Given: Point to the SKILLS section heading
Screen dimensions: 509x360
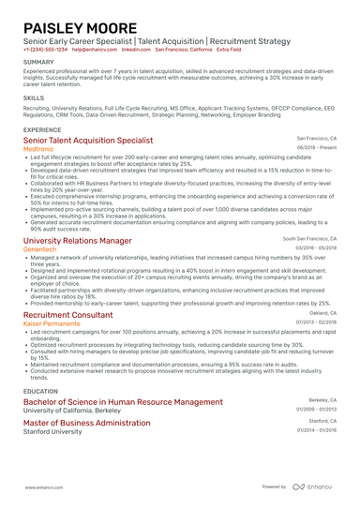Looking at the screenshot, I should click(33, 97).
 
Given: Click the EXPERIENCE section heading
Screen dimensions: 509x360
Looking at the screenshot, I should click(42, 129).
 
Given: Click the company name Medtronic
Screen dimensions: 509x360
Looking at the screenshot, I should click(38, 148).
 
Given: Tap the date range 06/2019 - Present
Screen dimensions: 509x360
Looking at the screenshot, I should click(317, 148).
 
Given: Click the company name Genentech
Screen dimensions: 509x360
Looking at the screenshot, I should click(40, 249).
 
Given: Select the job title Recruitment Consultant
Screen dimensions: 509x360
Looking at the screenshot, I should click(67, 316).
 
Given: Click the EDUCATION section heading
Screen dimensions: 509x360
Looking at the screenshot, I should click(40, 391).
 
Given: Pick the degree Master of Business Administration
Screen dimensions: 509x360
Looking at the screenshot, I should click(87, 423).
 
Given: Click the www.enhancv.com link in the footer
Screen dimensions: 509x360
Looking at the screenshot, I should click(42, 487).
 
